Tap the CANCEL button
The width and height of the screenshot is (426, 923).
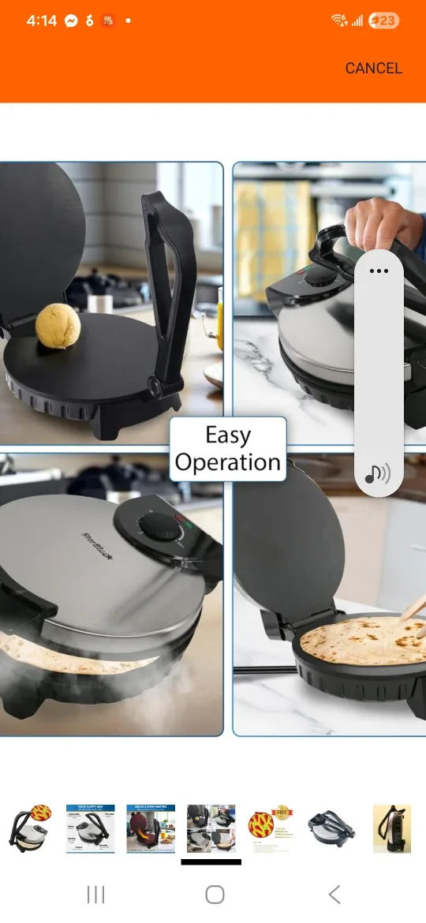(373, 68)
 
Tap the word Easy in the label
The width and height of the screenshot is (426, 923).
(228, 435)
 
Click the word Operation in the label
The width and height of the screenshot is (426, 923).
(228, 462)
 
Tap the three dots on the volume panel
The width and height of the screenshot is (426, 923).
(379, 271)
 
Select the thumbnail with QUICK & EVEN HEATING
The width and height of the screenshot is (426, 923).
(151, 828)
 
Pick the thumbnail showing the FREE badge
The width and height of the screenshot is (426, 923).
(271, 828)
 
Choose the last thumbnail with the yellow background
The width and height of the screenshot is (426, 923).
(392, 828)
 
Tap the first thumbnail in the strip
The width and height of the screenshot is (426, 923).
(30, 828)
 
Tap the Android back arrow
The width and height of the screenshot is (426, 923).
(334, 894)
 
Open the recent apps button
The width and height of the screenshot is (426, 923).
(95, 894)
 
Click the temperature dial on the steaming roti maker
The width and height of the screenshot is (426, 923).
(165, 526)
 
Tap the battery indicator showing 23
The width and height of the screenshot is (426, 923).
(383, 21)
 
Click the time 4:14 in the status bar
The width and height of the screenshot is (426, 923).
(41, 21)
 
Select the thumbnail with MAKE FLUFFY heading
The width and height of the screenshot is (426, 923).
(90, 828)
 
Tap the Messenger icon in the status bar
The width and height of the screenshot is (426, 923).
(71, 21)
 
